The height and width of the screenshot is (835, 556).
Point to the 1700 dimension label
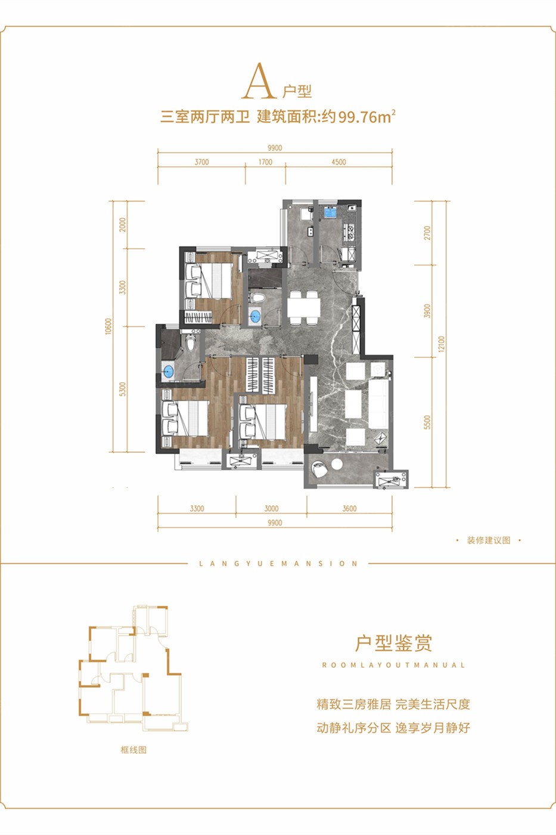(x=265, y=162)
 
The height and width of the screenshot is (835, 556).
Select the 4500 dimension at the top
(x=338, y=162)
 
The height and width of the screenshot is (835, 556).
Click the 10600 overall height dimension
(x=108, y=327)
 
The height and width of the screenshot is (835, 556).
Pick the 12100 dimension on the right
(x=442, y=344)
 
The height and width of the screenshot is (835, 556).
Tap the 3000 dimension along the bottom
(x=272, y=508)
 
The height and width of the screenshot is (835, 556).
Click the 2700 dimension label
(x=427, y=233)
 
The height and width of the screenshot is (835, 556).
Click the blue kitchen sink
(x=330, y=212)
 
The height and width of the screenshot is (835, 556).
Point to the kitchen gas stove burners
(x=350, y=231)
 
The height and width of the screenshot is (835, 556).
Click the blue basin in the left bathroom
(x=168, y=371)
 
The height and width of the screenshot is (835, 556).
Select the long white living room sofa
(x=379, y=404)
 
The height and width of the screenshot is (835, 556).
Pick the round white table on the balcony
(x=337, y=464)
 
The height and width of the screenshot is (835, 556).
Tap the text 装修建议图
(x=489, y=540)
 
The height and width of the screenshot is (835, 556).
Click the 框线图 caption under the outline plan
(x=133, y=750)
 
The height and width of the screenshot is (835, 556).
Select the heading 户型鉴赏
(x=393, y=643)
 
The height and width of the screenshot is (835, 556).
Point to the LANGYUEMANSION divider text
(x=278, y=564)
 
